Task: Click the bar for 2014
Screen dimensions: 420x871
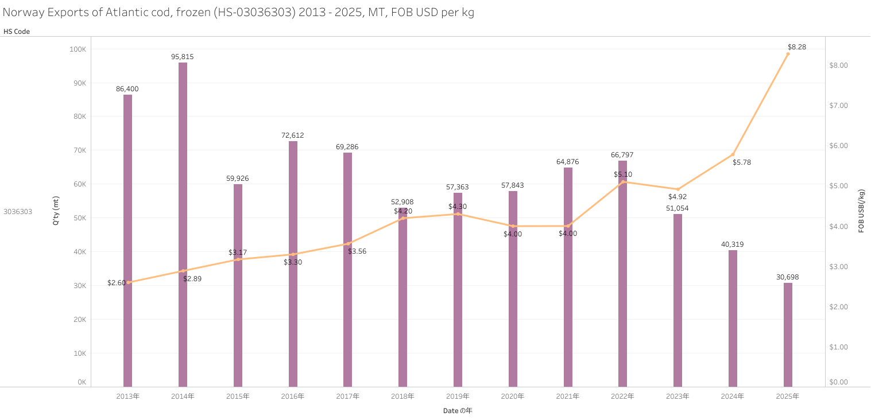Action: tap(183, 224)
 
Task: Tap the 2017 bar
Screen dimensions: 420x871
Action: tap(347, 270)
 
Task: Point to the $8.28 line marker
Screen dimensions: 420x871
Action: tap(788, 54)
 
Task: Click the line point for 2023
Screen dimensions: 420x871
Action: tap(678, 189)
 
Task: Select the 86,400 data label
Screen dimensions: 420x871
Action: tap(127, 89)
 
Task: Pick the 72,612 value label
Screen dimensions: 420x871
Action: tap(293, 135)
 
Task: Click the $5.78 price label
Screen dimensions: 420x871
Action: tap(742, 162)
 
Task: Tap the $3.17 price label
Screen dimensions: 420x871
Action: tap(238, 252)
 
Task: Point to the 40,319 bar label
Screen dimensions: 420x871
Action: tap(733, 244)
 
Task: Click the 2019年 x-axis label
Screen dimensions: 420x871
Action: tap(458, 396)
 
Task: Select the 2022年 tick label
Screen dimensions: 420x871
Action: tap(622, 396)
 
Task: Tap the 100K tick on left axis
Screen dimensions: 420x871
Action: tap(78, 49)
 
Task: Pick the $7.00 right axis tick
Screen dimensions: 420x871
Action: tap(840, 106)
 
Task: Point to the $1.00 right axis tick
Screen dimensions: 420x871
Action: tap(840, 347)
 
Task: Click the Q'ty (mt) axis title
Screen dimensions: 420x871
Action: tap(56, 211)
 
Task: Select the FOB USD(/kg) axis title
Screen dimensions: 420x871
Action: tap(862, 211)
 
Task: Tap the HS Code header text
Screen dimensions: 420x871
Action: tap(17, 32)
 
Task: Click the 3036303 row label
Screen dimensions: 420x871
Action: tap(18, 212)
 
